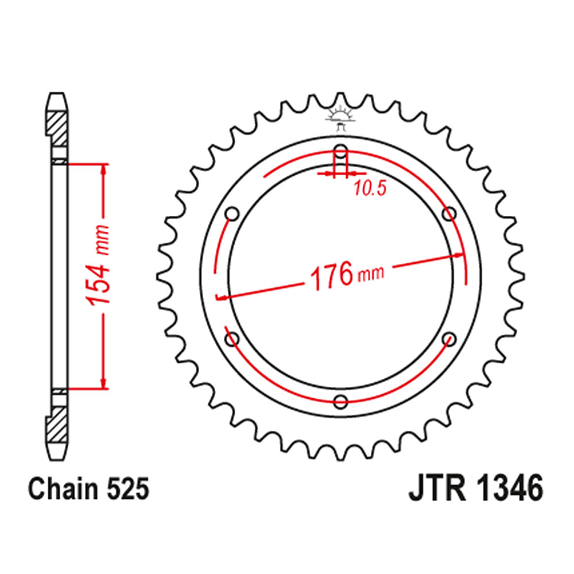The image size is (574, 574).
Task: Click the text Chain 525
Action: tap(88, 491)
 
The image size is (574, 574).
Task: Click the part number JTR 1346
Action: tap(475, 491)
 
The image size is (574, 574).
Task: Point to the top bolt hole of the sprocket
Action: tap(341, 153)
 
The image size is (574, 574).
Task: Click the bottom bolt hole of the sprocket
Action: tap(341, 401)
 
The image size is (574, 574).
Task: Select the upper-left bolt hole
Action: tap(232, 214)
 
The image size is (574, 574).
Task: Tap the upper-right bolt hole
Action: tap(449, 214)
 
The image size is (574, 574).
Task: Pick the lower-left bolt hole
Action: tap(232, 339)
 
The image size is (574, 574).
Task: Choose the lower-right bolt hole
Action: tap(449, 339)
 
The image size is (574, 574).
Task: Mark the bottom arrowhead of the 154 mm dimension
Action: tap(104, 383)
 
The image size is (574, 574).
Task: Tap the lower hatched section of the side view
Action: tap(57, 425)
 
